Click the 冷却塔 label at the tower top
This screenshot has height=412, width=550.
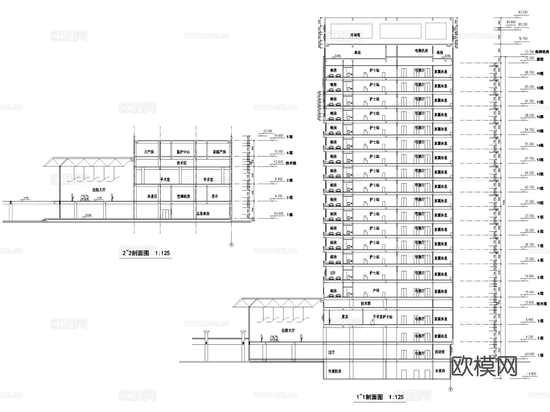coord(355,35)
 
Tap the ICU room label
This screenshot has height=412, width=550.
coord(333,273)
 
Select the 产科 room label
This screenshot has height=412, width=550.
coord(376,291)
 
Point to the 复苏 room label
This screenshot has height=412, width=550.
coord(345,317)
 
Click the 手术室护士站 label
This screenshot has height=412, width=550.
coord(382,317)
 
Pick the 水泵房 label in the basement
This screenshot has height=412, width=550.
coord(440,371)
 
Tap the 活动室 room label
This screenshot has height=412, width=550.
coord(440,352)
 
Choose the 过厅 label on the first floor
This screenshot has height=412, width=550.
coord(332,352)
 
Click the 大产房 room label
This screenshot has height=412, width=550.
coord(149,152)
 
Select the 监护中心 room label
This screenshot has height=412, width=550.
coord(183,152)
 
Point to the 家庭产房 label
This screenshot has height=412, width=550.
coord(219,152)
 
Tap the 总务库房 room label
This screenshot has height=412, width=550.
coord(203,213)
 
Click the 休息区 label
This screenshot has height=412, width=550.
coord(152,196)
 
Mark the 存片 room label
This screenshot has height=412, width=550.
coord(215,196)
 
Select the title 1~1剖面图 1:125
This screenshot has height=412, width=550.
coord(380,397)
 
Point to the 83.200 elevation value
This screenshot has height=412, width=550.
coord(523,13)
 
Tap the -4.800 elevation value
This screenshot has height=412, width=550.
coord(532,374)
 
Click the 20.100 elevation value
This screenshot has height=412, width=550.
coord(267,131)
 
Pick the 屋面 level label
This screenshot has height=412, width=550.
coord(540,59)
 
